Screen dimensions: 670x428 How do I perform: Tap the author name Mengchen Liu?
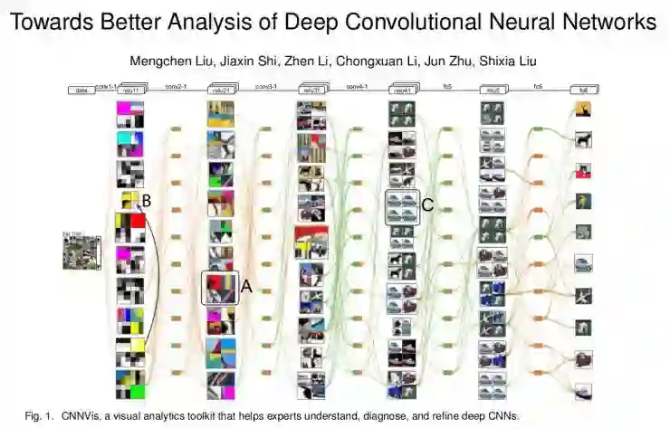(170, 61)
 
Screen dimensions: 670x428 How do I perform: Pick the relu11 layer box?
(129, 90)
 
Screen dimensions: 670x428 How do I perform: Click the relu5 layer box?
(493, 90)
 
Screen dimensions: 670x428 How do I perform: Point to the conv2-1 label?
(175, 86)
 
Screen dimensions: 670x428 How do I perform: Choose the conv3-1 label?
(265, 86)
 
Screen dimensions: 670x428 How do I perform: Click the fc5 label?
(446, 86)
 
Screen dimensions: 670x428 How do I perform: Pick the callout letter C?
(427, 205)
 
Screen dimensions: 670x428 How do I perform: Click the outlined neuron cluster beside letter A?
(220, 288)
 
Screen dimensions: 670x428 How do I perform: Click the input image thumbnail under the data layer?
(81, 252)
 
